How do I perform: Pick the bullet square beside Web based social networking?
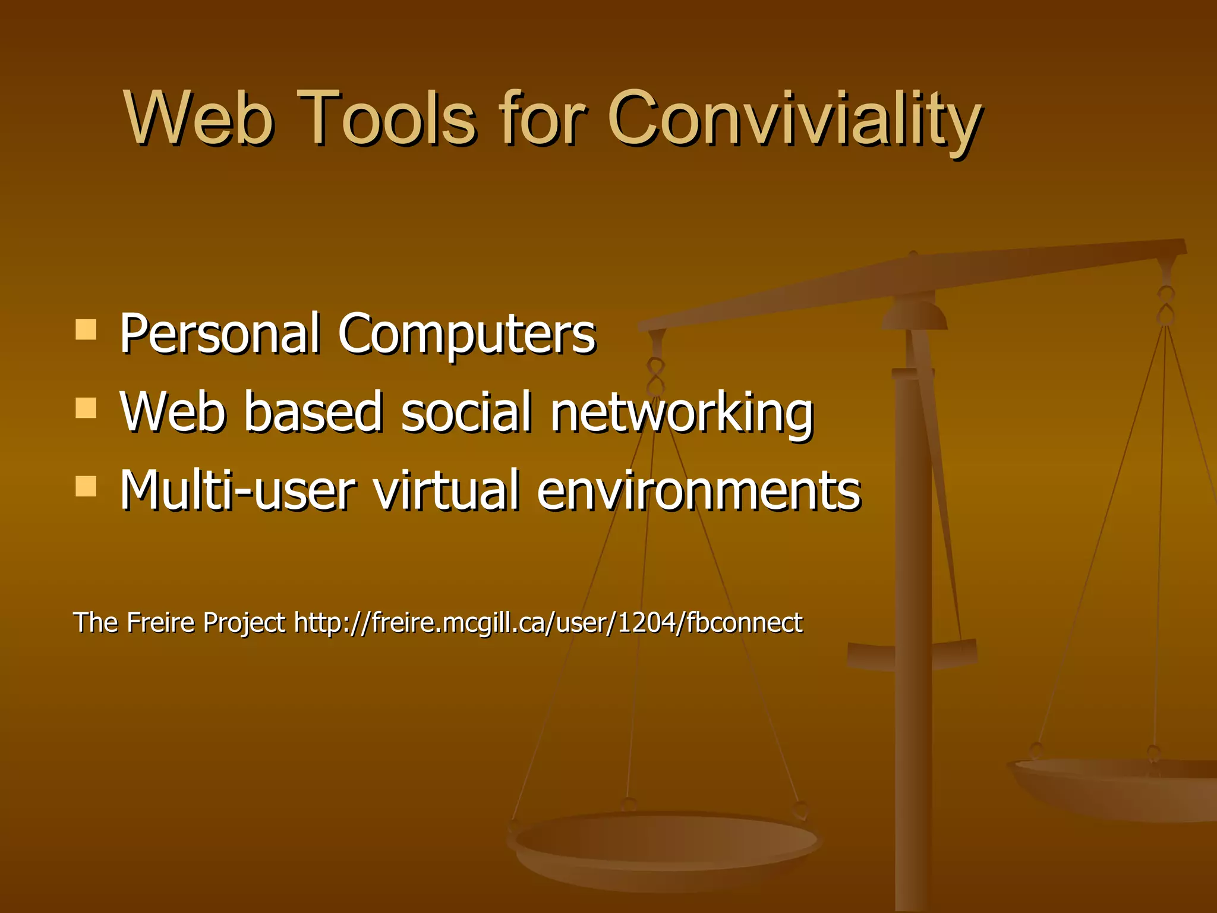[86, 408]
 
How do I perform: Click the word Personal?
[220, 334]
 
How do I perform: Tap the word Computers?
[466, 334]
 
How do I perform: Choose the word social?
[466, 412]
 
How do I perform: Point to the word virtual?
[446, 490]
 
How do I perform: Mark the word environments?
[699, 490]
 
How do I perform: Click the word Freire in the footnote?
[160, 623]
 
